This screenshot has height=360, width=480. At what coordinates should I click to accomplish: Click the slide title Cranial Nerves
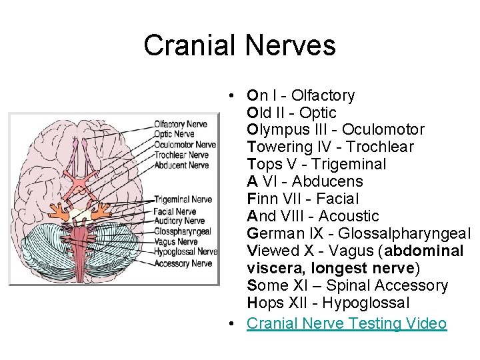coord(239,45)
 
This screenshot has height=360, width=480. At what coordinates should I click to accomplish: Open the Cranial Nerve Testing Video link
coord(347,323)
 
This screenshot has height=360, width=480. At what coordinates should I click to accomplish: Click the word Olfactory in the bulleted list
coord(323,95)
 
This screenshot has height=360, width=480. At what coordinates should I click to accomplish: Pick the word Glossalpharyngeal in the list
coord(404,233)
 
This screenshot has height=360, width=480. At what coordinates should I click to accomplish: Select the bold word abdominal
coord(423,251)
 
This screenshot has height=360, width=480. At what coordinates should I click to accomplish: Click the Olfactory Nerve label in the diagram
coord(180,123)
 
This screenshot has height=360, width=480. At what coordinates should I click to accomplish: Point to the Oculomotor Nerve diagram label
coord(184,145)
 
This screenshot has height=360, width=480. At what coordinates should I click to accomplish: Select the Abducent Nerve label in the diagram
coord(181,165)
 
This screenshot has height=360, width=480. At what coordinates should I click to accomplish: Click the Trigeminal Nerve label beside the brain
coord(182,199)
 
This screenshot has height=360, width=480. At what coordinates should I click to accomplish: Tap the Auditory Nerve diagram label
coord(179,221)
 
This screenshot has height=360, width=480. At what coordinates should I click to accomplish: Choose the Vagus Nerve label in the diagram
coord(175,242)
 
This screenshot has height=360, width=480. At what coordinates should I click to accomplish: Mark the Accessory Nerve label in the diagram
coord(182,263)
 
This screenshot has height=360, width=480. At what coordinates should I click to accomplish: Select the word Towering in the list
coord(274,147)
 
